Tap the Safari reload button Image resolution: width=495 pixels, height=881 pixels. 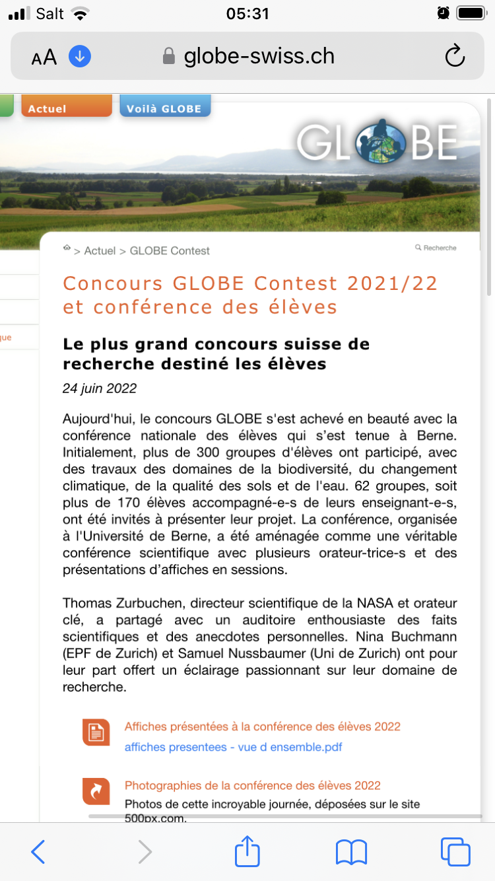[x=455, y=57]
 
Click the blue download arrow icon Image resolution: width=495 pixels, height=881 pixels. [x=80, y=57]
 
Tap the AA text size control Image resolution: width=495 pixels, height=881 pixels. [x=44, y=57]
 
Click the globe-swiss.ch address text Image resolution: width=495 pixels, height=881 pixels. [x=259, y=56]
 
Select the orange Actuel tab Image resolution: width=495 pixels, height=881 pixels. [x=66, y=108]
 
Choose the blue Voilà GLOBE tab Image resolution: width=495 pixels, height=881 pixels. [x=164, y=108]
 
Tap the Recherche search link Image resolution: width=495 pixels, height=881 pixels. [x=436, y=248]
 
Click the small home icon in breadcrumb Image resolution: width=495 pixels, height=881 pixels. [x=67, y=248]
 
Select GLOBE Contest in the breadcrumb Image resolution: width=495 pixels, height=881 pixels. [x=170, y=251]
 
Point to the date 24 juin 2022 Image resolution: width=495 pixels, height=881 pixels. [x=100, y=388]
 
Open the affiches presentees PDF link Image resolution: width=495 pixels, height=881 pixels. [x=233, y=748]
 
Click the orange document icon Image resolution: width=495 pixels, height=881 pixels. [x=96, y=732]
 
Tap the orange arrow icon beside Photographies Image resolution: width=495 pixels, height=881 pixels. [x=96, y=791]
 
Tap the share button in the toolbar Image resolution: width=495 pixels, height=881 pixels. [x=247, y=852]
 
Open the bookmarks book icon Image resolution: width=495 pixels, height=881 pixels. [x=351, y=852]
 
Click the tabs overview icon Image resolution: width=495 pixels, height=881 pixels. [x=455, y=852]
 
